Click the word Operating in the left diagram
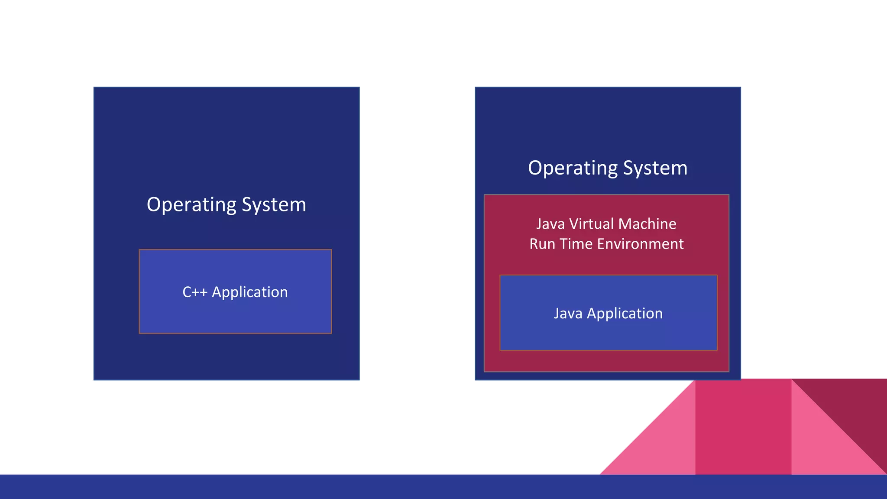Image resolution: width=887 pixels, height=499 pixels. pos(191,205)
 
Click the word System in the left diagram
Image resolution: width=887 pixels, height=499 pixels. pos(274,205)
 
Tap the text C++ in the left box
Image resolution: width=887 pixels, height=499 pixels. pos(195,292)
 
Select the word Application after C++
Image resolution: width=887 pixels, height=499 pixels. pos(249,292)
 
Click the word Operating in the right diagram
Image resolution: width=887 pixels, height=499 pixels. pos(573,168)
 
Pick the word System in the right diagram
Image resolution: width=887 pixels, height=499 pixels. pos(655,168)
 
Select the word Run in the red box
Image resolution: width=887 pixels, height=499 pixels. pos(542,244)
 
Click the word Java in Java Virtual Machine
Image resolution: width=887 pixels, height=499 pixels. pos(550,224)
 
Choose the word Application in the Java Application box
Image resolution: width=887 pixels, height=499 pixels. pos(625,314)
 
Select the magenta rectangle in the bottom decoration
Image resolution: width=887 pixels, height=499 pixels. pos(743,427)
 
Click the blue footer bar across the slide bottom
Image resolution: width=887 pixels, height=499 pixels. pos(303,487)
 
